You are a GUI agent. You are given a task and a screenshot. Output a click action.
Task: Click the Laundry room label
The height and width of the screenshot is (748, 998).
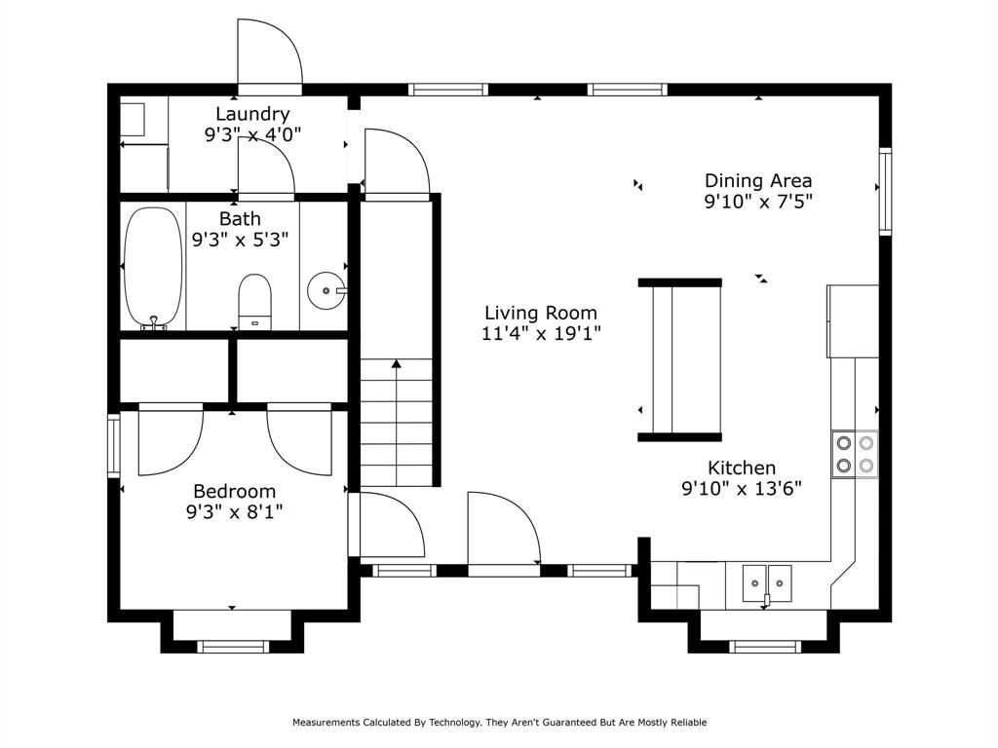[252, 114]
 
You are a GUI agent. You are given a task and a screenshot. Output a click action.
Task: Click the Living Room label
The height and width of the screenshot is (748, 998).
[541, 313]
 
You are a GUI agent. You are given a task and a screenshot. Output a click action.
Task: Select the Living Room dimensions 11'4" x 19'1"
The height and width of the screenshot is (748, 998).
[541, 334]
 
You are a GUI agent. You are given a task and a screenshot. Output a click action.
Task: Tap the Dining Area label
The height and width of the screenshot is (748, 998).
[757, 180]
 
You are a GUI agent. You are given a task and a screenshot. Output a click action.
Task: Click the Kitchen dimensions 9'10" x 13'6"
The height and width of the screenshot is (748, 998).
[741, 489]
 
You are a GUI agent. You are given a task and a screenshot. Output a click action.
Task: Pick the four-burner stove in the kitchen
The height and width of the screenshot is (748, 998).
[854, 454]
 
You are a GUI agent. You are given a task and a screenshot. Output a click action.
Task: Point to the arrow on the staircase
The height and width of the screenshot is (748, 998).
[397, 365]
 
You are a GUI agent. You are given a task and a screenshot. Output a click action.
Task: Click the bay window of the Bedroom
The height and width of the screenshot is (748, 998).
[232, 645]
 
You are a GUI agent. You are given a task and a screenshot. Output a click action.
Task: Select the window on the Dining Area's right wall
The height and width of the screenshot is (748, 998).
[885, 191]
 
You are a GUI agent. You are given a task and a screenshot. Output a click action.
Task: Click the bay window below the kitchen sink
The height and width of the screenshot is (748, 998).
[764, 645]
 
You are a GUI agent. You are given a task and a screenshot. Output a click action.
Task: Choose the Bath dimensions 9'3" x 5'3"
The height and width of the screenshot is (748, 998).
[240, 240]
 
